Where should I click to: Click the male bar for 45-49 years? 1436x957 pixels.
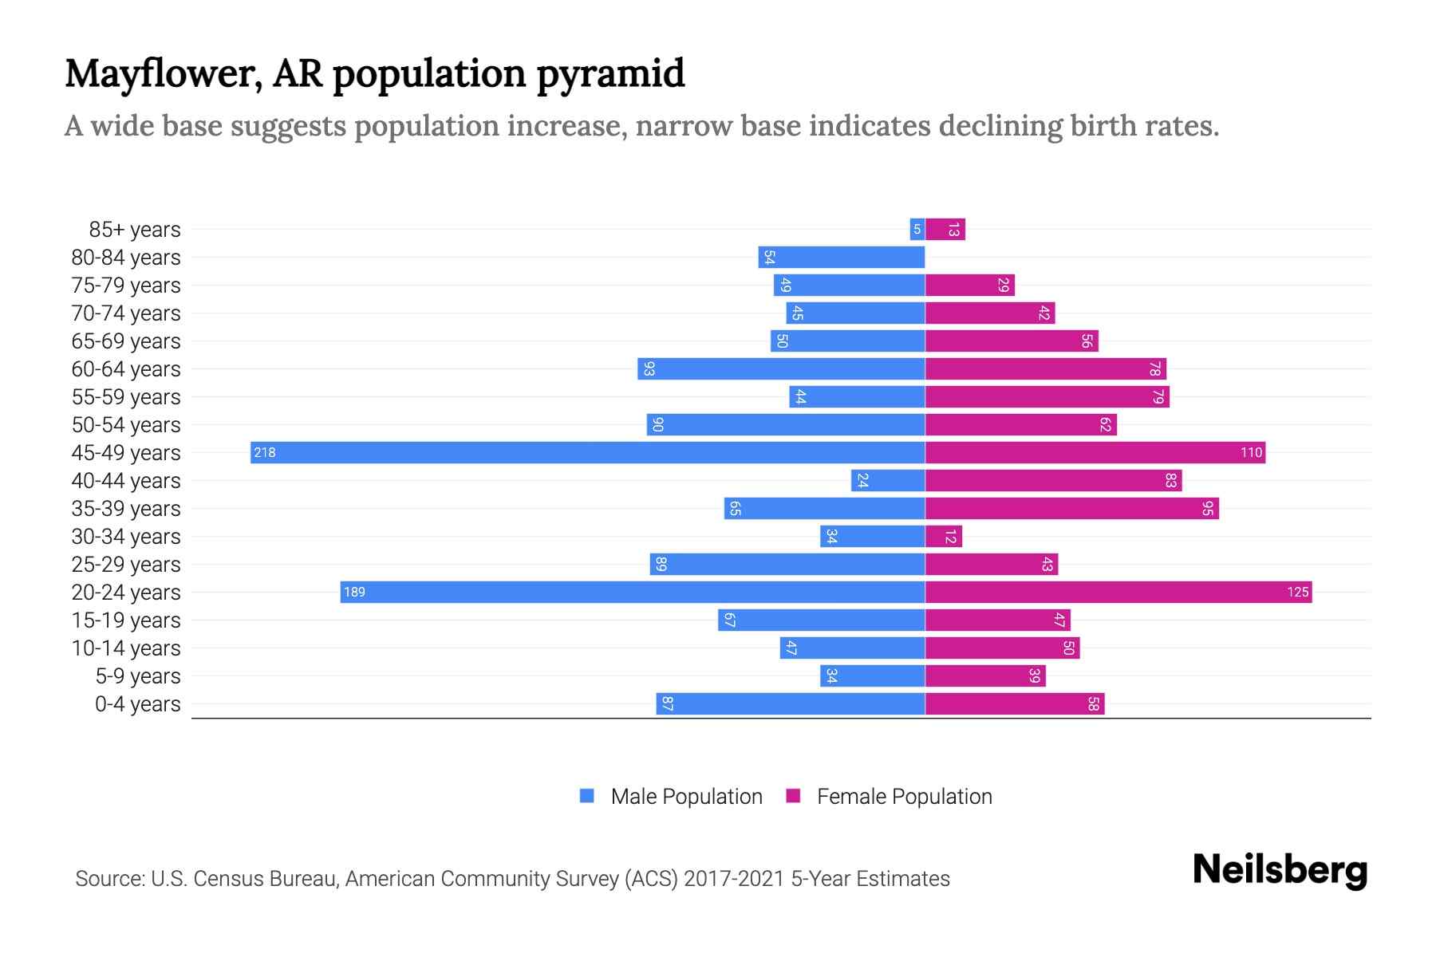(587, 452)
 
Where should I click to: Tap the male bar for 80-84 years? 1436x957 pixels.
(842, 257)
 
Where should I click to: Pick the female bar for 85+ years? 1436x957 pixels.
(945, 229)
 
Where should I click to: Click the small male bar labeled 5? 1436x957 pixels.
(917, 229)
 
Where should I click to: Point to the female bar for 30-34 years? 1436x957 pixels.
(944, 536)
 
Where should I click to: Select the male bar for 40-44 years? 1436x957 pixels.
(888, 480)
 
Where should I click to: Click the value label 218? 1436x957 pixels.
(264, 452)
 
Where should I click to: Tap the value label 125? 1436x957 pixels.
(1297, 592)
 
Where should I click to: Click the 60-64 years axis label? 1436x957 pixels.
(126, 368)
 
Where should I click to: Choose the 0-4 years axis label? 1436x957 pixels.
(137, 703)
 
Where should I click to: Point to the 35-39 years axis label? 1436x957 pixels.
(126, 508)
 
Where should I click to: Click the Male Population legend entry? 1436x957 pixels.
(686, 796)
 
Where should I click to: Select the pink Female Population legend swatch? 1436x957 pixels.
(793, 796)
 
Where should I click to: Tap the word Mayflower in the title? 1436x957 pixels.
(163, 74)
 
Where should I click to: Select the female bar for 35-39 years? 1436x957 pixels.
(1071, 508)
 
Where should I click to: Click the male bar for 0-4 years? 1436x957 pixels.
(790, 703)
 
